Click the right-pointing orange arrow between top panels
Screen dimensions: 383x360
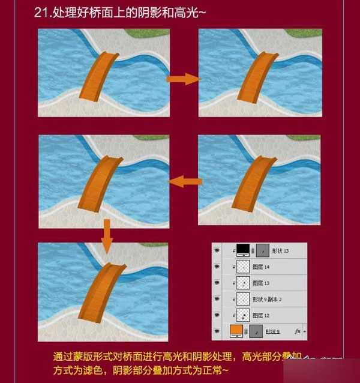coord(182,79)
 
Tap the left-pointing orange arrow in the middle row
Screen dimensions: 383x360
coord(184,181)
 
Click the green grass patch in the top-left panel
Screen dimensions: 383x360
coord(146,33)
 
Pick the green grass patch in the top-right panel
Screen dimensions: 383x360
coord(304,33)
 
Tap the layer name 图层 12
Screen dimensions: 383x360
coord(262,315)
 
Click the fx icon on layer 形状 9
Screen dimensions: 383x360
coord(297,330)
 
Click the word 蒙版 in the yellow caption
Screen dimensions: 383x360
coord(82,355)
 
